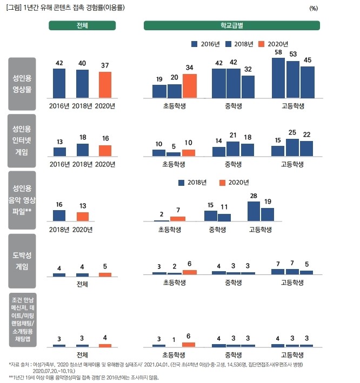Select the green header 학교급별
pyautogui.click(x=232, y=25)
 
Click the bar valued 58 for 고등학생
pyautogui.click(x=278, y=78)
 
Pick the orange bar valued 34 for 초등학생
pyautogui.click(x=190, y=86)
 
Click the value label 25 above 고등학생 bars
pyautogui.click(x=292, y=133)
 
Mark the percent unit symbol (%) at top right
pyautogui.click(x=314, y=9)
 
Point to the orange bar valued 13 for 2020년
pyautogui.click(x=82, y=217)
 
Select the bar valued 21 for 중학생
pyautogui.click(x=233, y=149)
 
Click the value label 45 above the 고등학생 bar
pyautogui.click(x=308, y=61)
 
